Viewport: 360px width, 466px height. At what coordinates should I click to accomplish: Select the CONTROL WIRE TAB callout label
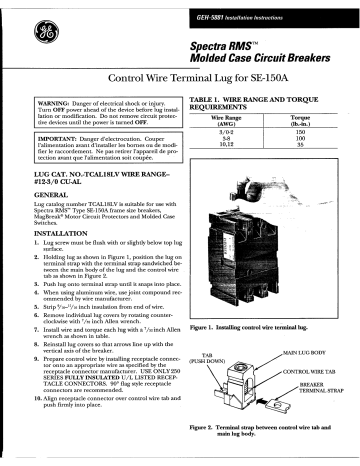point(315,372)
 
